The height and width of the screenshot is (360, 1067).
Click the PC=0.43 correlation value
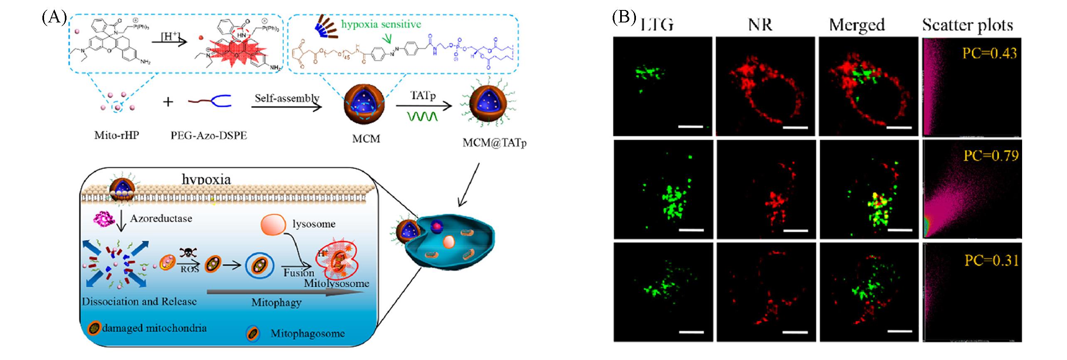click(989, 53)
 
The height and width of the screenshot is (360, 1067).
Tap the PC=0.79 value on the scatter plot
click(991, 156)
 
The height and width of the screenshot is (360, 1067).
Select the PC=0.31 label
click(991, 261)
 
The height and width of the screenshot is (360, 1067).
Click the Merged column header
click(857, 25)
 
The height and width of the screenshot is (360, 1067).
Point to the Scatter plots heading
click(967, 25)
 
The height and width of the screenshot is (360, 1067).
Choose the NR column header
click(760, 25)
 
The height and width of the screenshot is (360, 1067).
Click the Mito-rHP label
click(116, 136)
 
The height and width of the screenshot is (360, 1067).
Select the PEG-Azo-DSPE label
click(209, 136)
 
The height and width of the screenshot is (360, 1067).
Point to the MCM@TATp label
click(495, 143)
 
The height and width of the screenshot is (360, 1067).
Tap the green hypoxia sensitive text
click(381, 24)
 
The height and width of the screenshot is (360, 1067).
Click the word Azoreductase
click(161, 219)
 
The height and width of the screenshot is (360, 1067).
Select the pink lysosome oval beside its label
click(273, 225)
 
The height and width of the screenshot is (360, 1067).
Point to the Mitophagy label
click(276, 303)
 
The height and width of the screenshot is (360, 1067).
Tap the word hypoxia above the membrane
click(206, 180)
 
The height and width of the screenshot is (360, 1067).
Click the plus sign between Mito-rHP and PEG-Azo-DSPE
click(168, 101)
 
